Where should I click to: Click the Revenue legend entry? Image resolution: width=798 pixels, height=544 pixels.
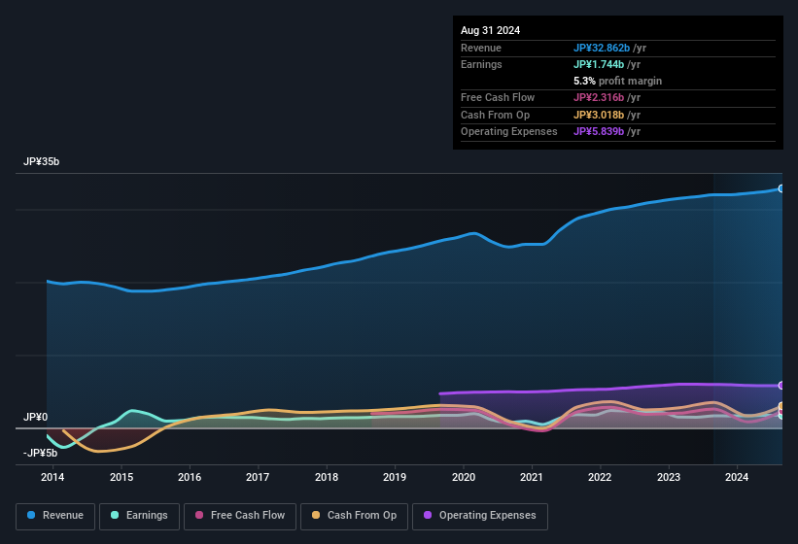(x=56, y=516)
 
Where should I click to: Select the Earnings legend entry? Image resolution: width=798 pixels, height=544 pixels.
(x=138, y=516)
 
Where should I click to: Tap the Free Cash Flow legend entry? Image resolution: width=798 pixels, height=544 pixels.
(x=240, y=516)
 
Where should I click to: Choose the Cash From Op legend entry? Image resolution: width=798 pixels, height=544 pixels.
(x=354, y=516)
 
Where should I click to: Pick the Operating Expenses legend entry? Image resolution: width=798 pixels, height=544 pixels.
(x=480, y=516)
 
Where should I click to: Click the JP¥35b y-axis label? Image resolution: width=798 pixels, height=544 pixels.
(x=42, y=161)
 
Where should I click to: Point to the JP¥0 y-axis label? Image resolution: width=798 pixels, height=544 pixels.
(x=35, y=417)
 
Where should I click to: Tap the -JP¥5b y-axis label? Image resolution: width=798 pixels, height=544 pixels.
(x=40, y=453)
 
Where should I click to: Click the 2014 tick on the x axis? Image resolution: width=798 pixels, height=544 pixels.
(x=52, y=477)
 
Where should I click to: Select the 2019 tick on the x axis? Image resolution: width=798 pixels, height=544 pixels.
(x=395, y=477)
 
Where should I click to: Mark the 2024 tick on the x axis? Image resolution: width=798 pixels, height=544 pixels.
(x=737, y=477)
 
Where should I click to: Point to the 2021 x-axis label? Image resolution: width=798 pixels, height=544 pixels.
(x=532, y=477)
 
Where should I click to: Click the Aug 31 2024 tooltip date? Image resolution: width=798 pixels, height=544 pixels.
(x=490, y=30)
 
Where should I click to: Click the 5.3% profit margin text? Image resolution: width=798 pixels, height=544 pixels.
(x=617, y=81)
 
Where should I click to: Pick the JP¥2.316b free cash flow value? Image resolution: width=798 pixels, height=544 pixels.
(x=607, y=97)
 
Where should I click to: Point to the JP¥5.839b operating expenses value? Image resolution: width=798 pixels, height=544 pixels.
(x=607, y=131)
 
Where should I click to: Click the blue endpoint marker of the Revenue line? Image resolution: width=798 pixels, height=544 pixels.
(x=781, y=188)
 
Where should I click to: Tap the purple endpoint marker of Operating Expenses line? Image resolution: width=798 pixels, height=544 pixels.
(x=781, y=386)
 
